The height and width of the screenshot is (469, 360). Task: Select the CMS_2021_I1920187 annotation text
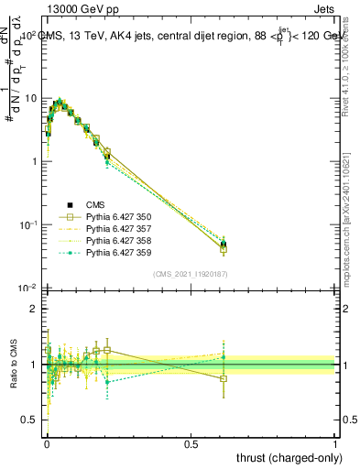(x=190, y=274)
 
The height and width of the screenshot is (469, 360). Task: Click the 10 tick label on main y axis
(x=31, y=98)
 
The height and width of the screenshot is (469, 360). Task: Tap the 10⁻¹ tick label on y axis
(x=28, y=224)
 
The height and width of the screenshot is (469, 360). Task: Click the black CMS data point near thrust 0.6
(x=224, y=245)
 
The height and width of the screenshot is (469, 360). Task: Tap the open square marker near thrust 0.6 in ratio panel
(x=224, y=378)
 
